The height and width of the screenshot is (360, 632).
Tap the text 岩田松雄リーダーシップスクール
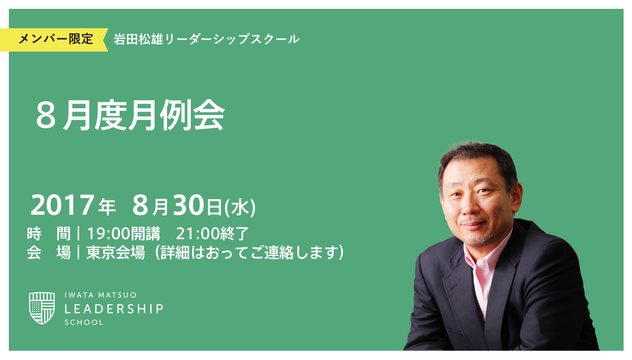tap(206, 40)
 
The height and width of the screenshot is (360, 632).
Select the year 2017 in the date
tap(62, 205)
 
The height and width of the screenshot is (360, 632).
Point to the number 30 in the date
tap(189, 205)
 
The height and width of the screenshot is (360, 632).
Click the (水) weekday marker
tap(240, 208)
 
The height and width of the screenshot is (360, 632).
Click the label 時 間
tap(48, 233)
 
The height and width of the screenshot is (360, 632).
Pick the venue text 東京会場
tap(115, 253)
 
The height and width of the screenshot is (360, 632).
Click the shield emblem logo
tap(42, 308)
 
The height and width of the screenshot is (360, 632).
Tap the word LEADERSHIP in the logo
tap(114, 309)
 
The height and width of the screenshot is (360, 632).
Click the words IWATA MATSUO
tap(100, 295)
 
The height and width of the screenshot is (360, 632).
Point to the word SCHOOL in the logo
tap(83, 323)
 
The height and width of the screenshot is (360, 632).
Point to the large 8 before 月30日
tap(141, 205)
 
